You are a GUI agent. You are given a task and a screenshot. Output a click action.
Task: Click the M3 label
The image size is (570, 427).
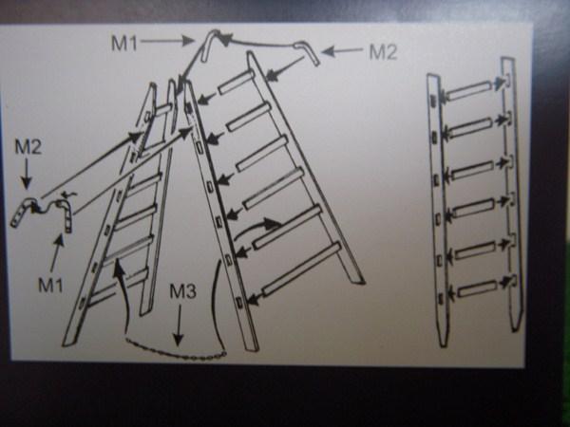click(182, 291)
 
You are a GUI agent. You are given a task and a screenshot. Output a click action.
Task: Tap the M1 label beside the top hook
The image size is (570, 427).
click(124, 44)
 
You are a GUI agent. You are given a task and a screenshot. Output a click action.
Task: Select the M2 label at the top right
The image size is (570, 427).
click(383, 52)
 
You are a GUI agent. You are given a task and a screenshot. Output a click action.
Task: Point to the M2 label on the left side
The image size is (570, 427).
click(28, 147)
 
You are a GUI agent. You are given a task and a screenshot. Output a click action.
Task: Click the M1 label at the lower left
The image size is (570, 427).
click(51, 285)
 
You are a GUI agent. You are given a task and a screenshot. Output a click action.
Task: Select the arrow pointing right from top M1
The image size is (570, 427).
click(167, 41)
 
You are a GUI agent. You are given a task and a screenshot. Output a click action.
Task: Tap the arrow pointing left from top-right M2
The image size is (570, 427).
click(342, 51)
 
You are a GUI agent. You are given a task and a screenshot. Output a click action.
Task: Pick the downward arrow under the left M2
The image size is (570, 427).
click(27, 174)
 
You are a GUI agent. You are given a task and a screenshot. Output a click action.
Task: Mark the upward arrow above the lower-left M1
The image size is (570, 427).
click(57, 253)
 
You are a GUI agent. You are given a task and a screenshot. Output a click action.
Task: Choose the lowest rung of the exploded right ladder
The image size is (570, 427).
click(477, 288)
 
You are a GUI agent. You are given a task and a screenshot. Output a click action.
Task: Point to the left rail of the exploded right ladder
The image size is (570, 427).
click(438, 210)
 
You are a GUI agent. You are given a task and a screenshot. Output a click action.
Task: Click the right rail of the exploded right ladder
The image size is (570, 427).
click(513, 195)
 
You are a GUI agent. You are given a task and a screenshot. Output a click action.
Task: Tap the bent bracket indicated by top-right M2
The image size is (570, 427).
click(308, 51)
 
